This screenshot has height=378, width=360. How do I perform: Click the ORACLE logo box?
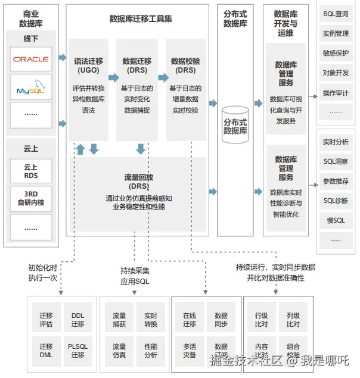tap(31, 59)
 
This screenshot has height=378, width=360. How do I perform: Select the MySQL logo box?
tap(31, 87)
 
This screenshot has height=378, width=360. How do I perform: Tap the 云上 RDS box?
tap(31, 171)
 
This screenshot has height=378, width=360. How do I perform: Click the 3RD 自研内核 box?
tap(31, 198)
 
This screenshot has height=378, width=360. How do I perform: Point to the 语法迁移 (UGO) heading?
tap(88, 65)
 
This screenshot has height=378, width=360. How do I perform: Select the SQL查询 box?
tap(336, 14)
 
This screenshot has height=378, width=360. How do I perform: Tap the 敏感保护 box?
tap(336, 53)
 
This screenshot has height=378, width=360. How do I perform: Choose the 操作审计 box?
tap(336, 93)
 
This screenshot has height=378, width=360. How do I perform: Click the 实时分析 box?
tap(336, 142)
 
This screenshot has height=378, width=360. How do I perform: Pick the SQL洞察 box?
tap(336, 161)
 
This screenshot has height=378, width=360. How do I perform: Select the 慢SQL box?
tap(336, 220)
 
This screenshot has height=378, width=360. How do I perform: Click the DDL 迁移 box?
tap(78, 320)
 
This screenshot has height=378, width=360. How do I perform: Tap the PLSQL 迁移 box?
tap(78, 351)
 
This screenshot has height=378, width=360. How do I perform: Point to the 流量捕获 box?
tap(119, 320)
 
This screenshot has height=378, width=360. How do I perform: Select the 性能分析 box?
tap(151, 351)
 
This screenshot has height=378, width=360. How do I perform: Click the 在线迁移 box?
tap(190, 320)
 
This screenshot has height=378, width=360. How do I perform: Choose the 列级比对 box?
tap(293, 320)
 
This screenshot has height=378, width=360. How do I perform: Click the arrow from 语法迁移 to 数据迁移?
tap(113, 77)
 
